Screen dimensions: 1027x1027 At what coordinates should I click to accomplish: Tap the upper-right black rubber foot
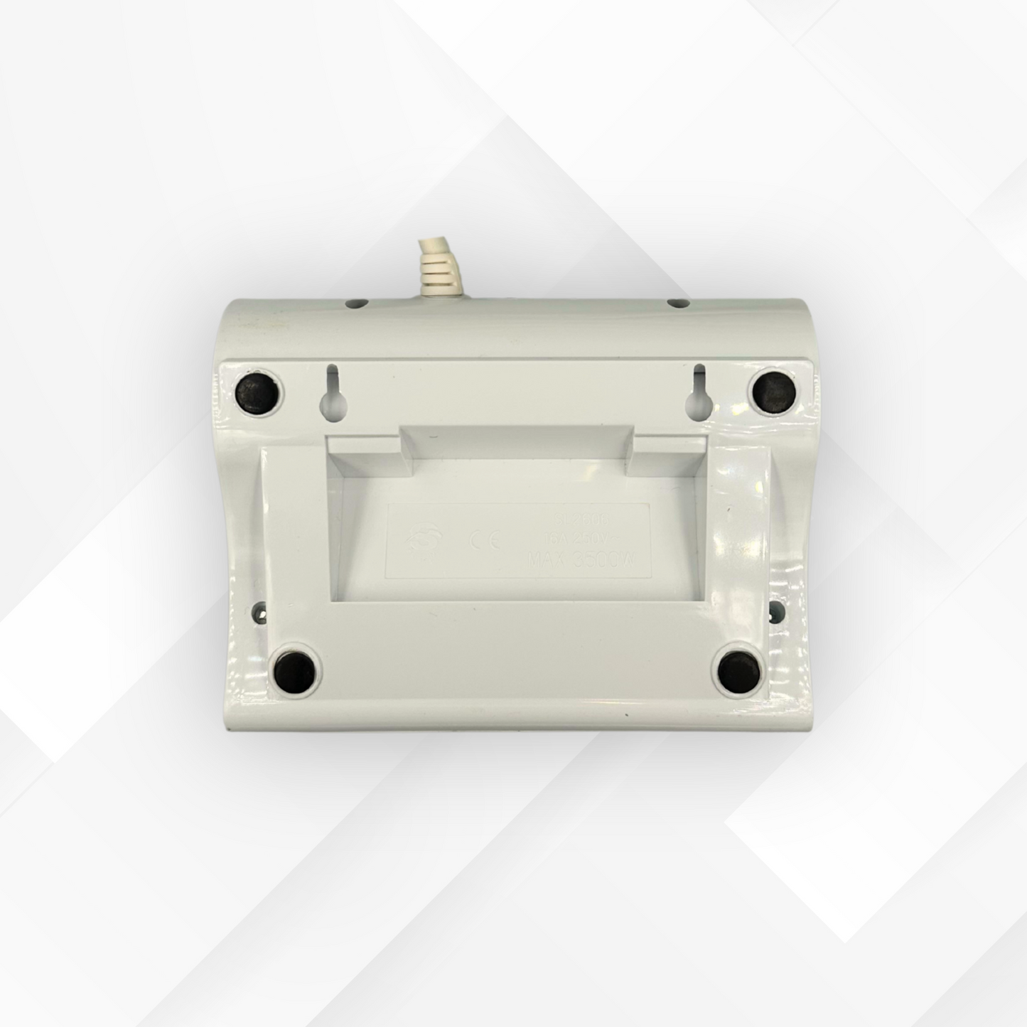coord(773,391)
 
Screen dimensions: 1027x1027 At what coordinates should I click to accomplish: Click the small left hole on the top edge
coord(353,303)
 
